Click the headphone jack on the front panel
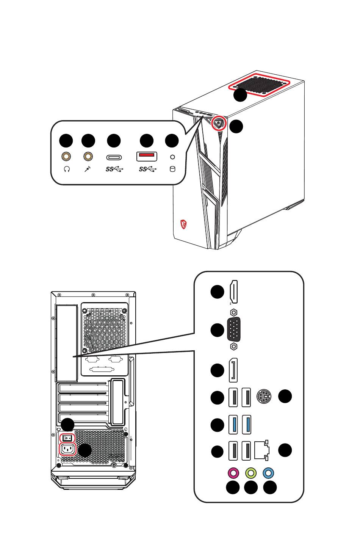[66, 156]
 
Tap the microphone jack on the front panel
[89, 156]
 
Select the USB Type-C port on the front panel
[114, 157]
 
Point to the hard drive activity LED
[173, 157]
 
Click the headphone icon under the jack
[67, 169]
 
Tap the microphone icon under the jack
[88, 169]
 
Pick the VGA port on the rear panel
[234, 329]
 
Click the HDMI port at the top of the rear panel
[233, 292]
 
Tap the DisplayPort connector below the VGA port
[233, 370]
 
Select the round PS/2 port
[264, 397]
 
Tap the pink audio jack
[233, 473]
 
